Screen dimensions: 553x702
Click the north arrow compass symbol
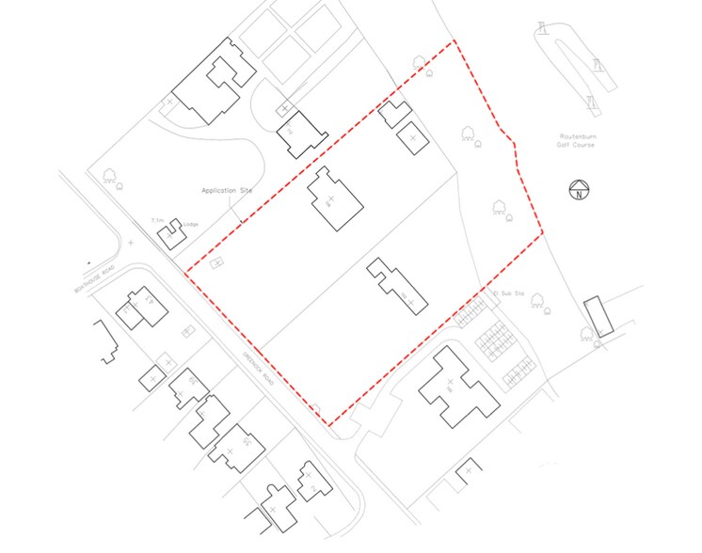click(579, 191)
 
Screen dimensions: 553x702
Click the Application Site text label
click(228, 191)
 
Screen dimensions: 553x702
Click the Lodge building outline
click(170, 233)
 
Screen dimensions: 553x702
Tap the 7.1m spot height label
click(157, 221)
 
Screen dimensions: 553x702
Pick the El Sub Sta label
click(506, 293)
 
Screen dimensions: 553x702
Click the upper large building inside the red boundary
click(334, 199)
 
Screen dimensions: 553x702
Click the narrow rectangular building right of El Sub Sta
click(598, 316)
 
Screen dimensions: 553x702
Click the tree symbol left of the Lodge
click(111, 175)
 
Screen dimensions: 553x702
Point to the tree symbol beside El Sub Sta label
click(538, 301)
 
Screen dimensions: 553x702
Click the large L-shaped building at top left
click(209, 83)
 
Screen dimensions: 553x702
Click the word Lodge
click(191, 225)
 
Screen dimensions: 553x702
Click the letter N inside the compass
click(579, 193)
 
